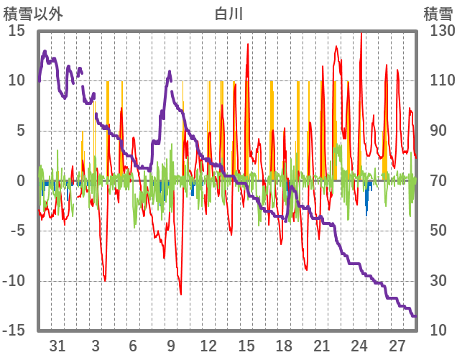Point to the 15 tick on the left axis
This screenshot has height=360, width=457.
[17, 31]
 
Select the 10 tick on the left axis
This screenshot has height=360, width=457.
[17, 80]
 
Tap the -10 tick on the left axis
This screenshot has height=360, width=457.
[14, 281]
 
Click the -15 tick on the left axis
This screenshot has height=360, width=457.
[14, 331]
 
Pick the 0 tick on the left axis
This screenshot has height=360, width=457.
[22, 181]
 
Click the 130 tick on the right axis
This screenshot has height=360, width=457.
[439, 31]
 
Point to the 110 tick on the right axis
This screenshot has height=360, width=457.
[439, 80]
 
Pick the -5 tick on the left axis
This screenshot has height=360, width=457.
[18, 231]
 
